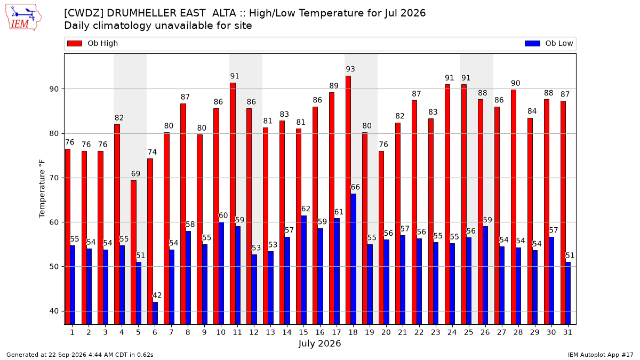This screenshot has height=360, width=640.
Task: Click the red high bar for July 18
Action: pos(348,200)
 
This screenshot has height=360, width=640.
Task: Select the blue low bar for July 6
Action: pos(155,313)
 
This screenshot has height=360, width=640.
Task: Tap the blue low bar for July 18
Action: pos(354,259)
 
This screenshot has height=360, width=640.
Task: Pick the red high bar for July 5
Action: pos(133,252)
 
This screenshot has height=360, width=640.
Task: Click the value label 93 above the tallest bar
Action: pos(350,69)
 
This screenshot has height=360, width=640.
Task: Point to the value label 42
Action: pos(157,295)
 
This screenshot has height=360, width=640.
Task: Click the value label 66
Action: pos(355,187)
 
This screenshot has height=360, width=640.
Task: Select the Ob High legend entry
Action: pos(92,43)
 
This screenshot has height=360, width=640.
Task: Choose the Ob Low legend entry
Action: pos(549,43)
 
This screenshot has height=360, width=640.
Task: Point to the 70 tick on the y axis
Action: pos(54,178)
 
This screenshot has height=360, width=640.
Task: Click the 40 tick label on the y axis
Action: pos(54,311)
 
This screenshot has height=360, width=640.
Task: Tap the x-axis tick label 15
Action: pos(303,332)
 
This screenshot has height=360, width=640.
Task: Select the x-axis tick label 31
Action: pos(567,332)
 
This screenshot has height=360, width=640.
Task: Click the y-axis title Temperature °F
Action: pos(42,189)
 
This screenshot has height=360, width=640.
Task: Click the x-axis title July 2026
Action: pos(319,343)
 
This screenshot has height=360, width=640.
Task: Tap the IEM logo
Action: pos(23,18)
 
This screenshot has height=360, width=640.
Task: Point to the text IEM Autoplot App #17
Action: pos(601,355)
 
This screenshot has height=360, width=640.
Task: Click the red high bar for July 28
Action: pos(514,207)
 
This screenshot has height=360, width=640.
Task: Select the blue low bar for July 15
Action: pos(303,270)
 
